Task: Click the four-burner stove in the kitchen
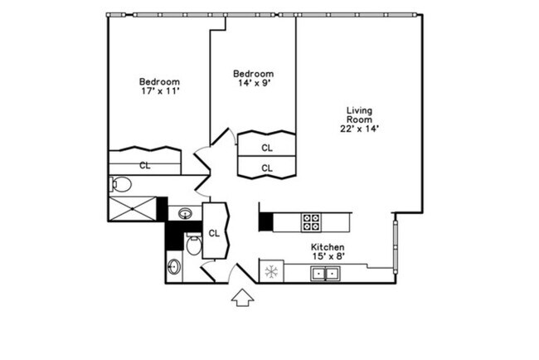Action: [x=311, y=221]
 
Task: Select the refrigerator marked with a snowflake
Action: [x=270, y=271]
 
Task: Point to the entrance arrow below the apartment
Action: [x=242, y=297]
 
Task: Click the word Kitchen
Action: [x=328, y=247]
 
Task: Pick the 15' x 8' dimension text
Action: [x=328, y=256]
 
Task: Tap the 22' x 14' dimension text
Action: [x=358, y=129]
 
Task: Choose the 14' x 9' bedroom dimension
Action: [x=252, y=84]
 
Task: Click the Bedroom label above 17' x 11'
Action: [x=159, y=81]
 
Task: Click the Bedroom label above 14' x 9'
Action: [x=252, y=74]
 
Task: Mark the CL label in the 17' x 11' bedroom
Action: [x=144, y=165]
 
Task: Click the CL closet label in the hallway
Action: [x=213, y=233]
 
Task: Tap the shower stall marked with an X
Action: [x=132, y=208]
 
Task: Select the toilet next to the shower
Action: [x=121, y=184]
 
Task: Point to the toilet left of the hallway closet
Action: [x=193, y=245]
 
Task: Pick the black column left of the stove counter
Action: [x=266, y=222]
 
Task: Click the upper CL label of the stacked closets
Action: [x=266, y=148]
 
